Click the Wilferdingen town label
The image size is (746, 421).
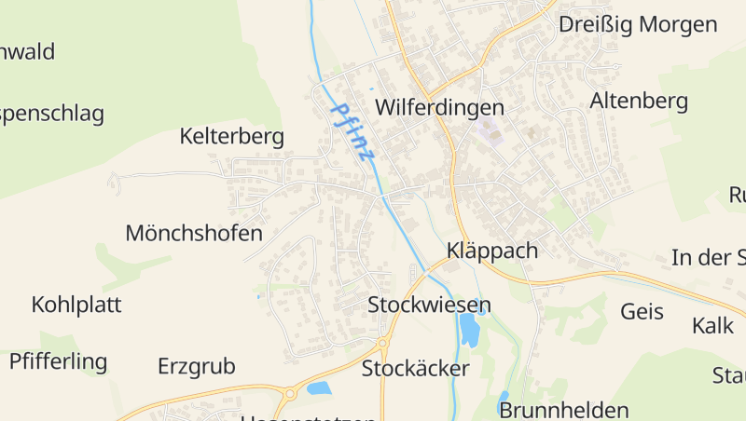click(439, 107)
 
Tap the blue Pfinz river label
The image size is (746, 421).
click(352, 132)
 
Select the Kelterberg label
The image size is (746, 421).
click(231, 137)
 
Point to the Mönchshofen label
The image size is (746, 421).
click(194, 233)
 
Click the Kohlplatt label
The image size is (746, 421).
click(76, 305)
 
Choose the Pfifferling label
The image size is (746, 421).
click(59, 361)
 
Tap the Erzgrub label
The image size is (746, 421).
click(197, 365)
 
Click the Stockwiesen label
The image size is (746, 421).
click(429, 305)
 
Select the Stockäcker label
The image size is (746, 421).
click(415, 368)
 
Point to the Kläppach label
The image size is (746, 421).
click(492, 251)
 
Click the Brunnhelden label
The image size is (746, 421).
click(564, 410)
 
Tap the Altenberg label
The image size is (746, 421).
click(639, 101)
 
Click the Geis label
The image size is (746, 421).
click(642, 311)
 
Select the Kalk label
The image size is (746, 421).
click(713, 326)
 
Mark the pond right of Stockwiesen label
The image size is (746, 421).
click(468, 328)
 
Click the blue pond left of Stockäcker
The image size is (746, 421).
click(320, 387)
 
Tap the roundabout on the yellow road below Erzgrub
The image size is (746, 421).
click(290, 394)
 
